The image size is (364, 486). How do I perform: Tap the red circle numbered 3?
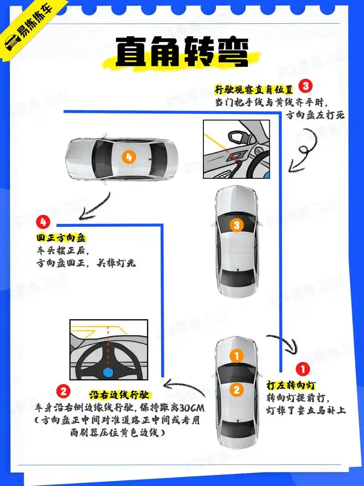(x=305, y=85)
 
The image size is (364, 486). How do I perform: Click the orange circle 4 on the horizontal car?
(x=129, y=157)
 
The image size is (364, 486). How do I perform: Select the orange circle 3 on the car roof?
(x=236, y=225)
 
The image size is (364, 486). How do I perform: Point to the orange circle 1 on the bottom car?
(x=236, y=356)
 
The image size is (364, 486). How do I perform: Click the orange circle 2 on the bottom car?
(x=236, y=389)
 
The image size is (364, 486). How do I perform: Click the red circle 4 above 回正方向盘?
(x=43, y=222)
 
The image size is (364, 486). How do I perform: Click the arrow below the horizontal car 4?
(x=96, y=207)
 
